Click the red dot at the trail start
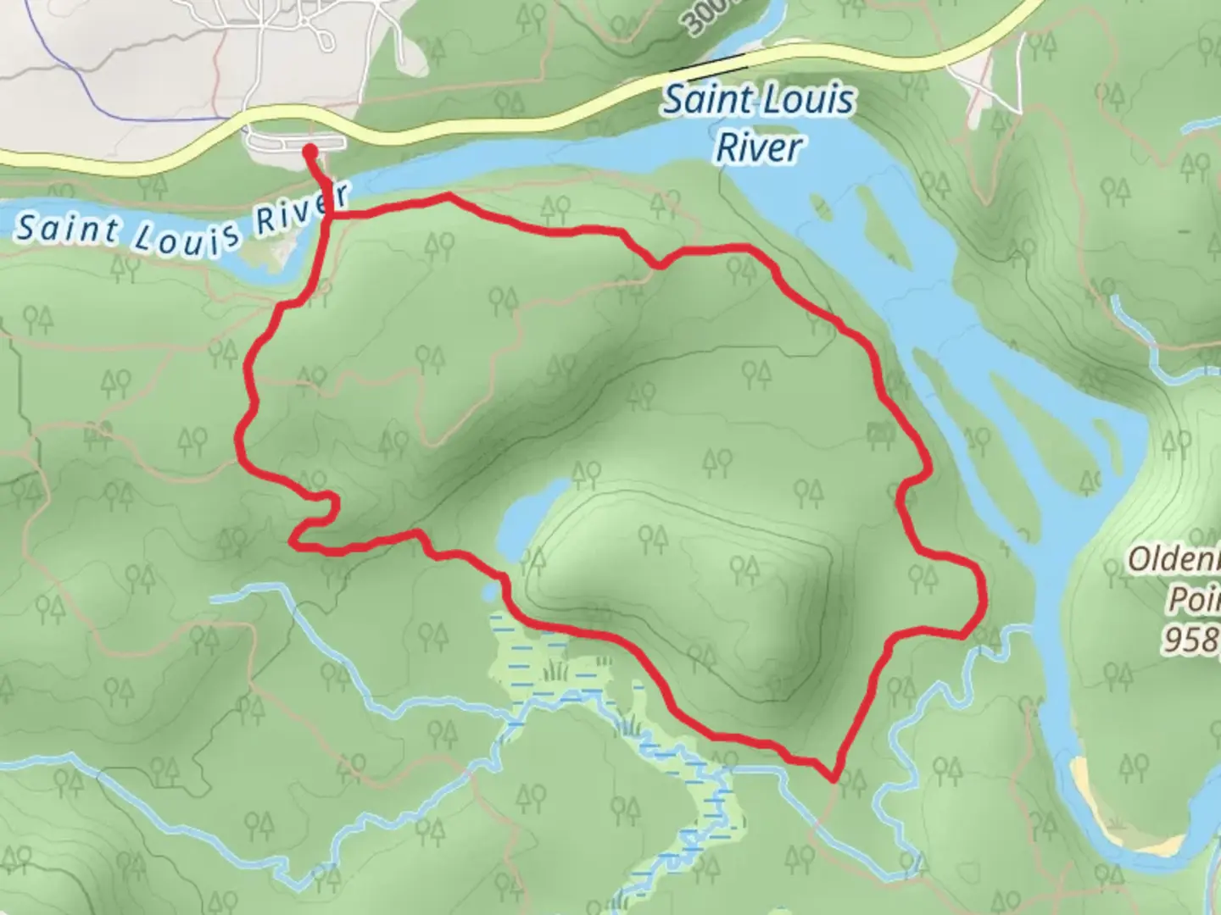(x=310, y=151)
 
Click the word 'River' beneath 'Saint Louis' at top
(x=757, y=147)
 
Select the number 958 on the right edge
(x=1189, y=640)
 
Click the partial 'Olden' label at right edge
(x=1174, y=560)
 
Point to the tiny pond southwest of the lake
(x=491, y=591)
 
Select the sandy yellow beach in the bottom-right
(x=1094, y=792)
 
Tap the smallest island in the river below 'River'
(x=819, y=205)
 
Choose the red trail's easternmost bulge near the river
(x=982, y=593)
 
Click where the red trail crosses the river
(x=327, y=203)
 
